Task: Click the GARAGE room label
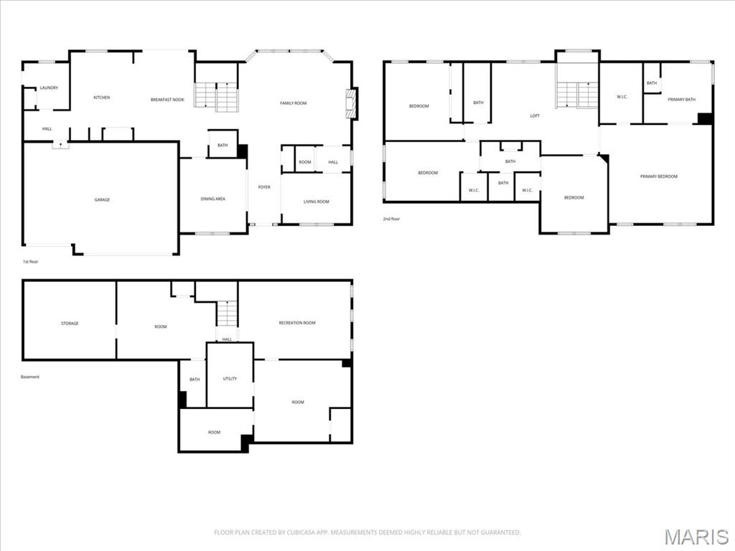click(x=102, y=199)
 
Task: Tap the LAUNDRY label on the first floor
click(x=49, y=88)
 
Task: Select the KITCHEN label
click(x=102, y=98)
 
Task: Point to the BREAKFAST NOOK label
click(x=167, y=100)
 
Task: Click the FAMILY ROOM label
click(x=293, y=103)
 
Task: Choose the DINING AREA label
click(x=212, y=199)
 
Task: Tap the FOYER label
click(x=264, y=187)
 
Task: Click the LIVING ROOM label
click(x=316, y=202)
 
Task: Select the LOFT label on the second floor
click(x=535, y=116)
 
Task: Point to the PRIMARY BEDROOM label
click(x=658, y=176)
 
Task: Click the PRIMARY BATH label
click(x=681, y=100)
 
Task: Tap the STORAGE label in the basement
click(x=70, y=324)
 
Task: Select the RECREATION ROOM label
click(x=296, y=323)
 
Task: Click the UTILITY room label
click(x=230, y=379)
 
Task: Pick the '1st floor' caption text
click(x=31, y=262)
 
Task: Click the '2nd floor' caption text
click(x=391, y=219)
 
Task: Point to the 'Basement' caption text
click(x=30, y=377)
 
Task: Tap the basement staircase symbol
click(x=227, y=314)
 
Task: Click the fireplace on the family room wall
click(x=351, y=103)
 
